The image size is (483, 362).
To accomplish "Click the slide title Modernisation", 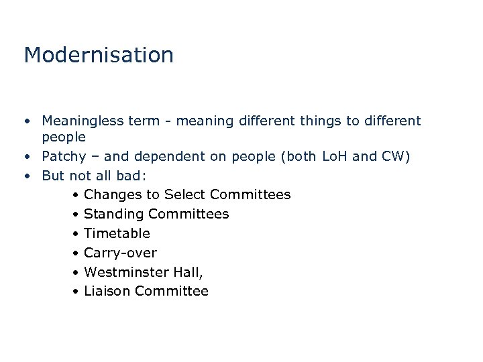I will [99, 55].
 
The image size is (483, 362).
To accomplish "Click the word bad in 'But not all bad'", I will [130, 176].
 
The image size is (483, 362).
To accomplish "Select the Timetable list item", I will [117, 233].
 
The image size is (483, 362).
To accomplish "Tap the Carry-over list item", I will [120, 253].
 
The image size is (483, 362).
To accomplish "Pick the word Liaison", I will [107, 291].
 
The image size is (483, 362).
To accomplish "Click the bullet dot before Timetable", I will [78, 234].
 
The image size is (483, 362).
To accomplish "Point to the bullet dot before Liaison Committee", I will [78, 292].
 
